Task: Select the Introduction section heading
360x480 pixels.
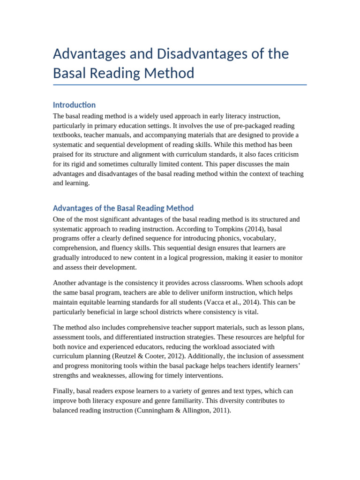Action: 74,105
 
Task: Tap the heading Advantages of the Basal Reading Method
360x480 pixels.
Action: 123,208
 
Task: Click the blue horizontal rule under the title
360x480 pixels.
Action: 180,85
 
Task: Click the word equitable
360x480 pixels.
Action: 97,302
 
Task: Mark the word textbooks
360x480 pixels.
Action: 69,135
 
